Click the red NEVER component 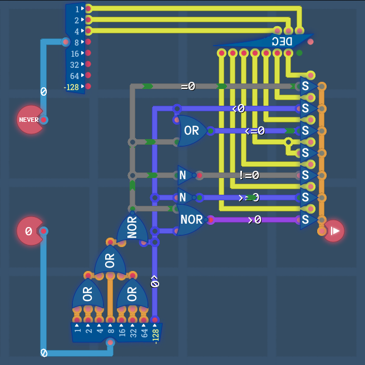[x=29, y=120]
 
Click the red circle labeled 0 [x=29, y=231]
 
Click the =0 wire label [x=188, y=86]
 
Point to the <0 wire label [x=238, y=108]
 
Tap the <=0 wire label [x=255, y=131]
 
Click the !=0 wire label [x=249, y=175]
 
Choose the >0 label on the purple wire [x=254, y=220]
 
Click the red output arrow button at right [x=334, y=230]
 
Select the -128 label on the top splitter [x=71, y=87]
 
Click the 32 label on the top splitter [x=75, y=65]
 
